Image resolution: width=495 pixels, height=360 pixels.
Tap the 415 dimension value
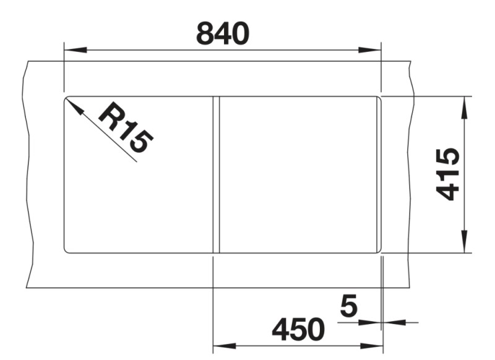pyautogui.click(x=447, y=174)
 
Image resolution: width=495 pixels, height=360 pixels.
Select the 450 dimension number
pyautogui.click(x=298, y=330)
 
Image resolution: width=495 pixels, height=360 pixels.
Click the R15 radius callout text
pyautogui.click(x=126, y=128)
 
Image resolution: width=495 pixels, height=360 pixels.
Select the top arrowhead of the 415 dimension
pyautogui.click(x=463, y=106)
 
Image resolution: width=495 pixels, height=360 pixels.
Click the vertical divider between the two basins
pyautogui.click(x=216, y=174)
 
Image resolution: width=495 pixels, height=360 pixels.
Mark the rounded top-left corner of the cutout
pyautogui.click(x=66, y=98)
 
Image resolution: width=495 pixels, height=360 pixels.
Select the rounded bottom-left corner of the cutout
pyautogui.click(x=66, y=250)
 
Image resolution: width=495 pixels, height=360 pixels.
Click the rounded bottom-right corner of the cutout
pyautogui.click(x=378, y=250)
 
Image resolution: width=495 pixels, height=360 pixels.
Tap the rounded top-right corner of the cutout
pyautogui.click(x=378, y=98)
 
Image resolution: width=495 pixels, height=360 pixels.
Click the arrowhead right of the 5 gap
pyautogui.click(x=392, y=322)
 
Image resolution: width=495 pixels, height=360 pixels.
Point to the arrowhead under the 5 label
pyautogui.click(x=372, y=322)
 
